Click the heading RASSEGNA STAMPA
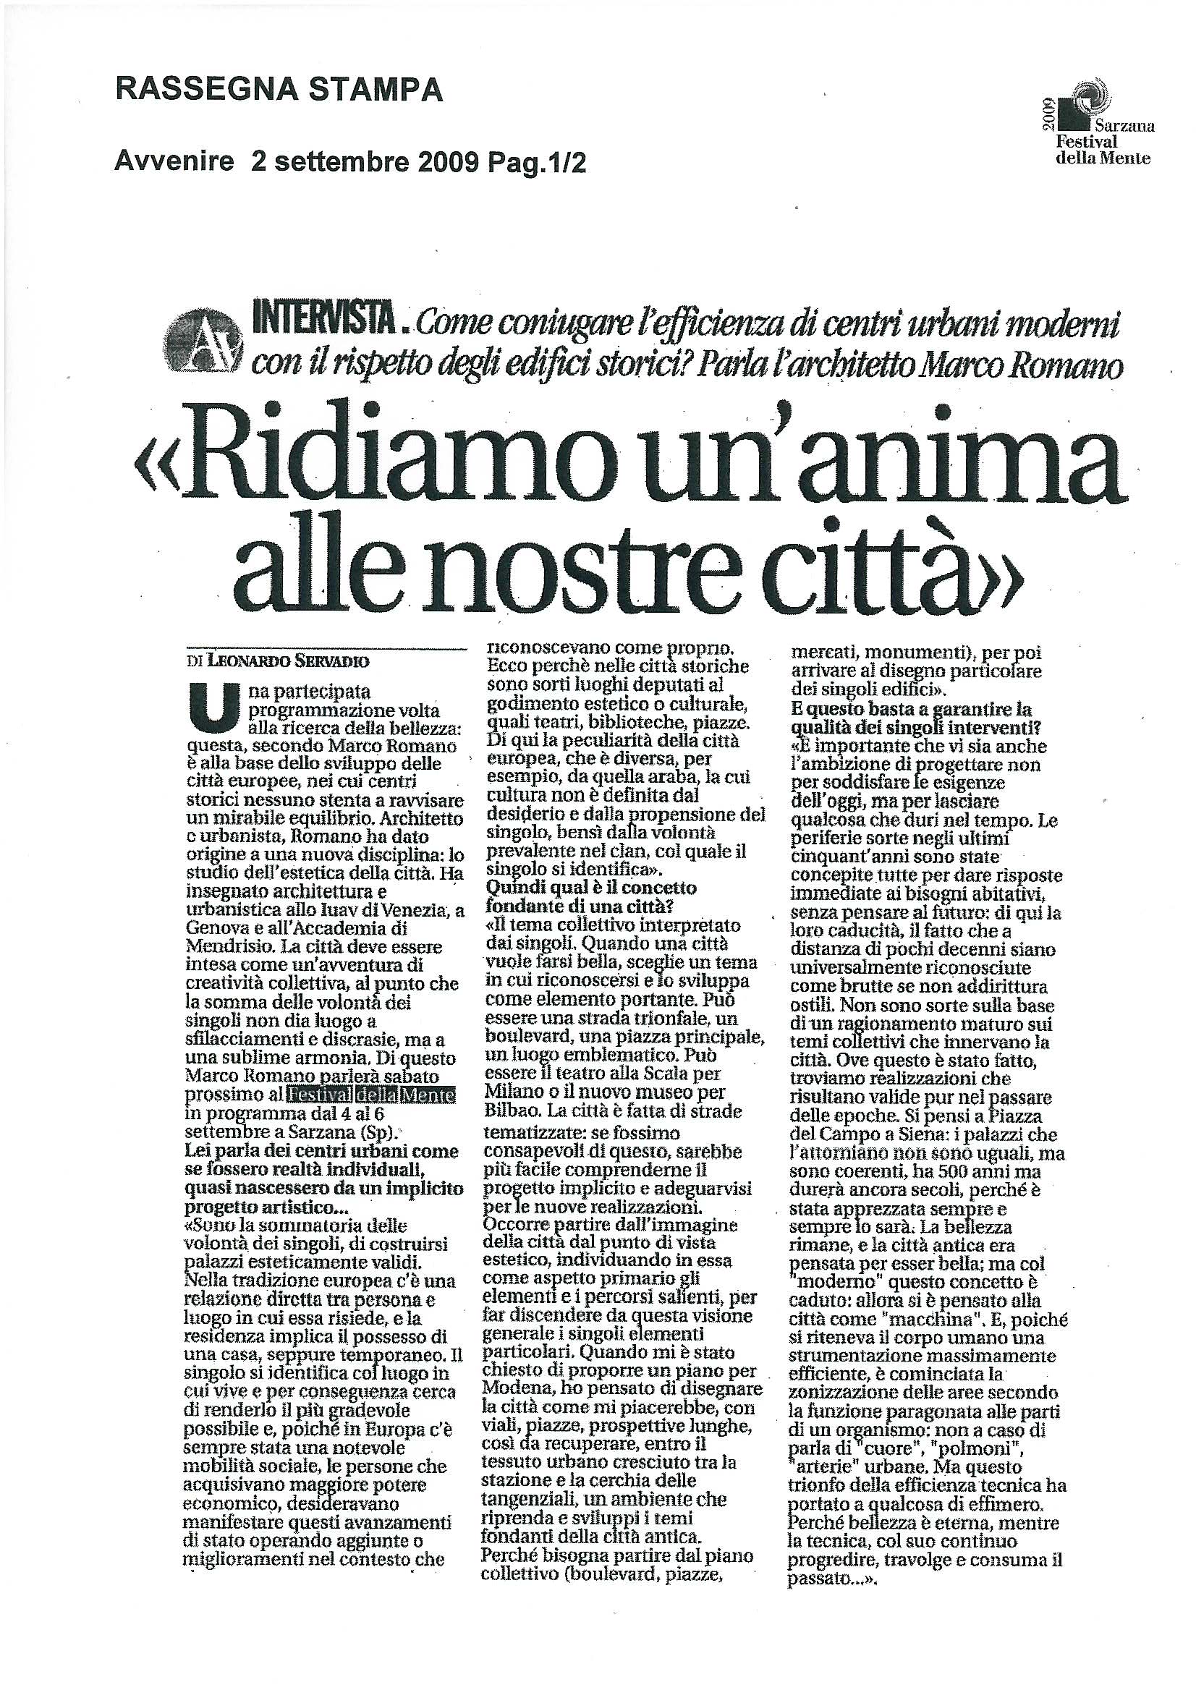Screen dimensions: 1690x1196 (280, 90)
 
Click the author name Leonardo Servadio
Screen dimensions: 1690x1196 (288, 661)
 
